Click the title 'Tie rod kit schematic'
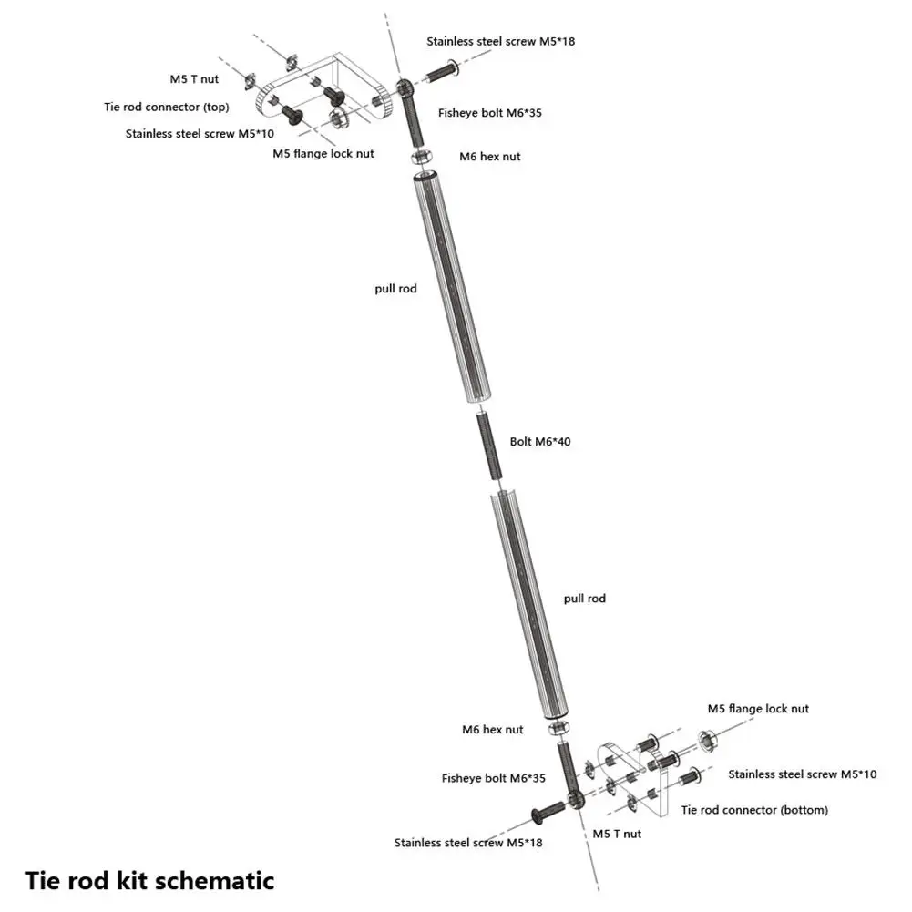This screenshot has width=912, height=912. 149,880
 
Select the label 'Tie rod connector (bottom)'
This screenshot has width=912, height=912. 754,809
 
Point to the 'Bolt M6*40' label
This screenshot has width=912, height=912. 541,441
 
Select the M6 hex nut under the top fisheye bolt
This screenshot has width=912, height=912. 423,156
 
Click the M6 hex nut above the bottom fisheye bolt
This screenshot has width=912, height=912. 558,730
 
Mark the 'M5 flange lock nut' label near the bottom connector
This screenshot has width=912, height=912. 758,709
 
